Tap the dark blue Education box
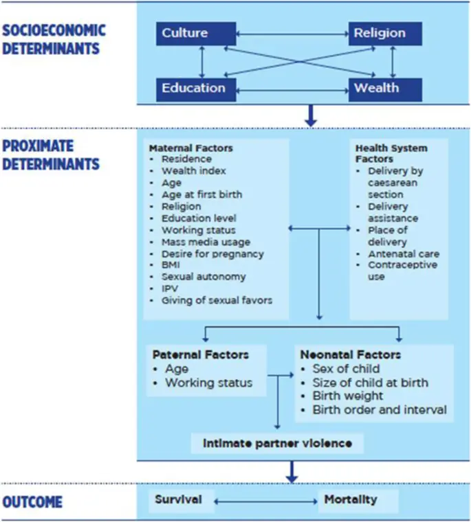[x=193, y=88]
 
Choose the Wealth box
[x=376, y=88]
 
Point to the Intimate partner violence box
[x=277, y=443]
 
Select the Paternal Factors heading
[x=200, y=355]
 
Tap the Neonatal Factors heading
[x=350, y=355]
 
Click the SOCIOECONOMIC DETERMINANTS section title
[x=54, y=39]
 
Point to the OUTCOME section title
[x=32, y=502]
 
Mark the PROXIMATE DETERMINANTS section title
[x=51, y=156]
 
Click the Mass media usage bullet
[x=206, y=242]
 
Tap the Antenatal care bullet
[x=404, y=253]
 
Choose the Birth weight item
[x=348, y=396]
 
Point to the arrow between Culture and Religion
[x=292, y=32]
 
